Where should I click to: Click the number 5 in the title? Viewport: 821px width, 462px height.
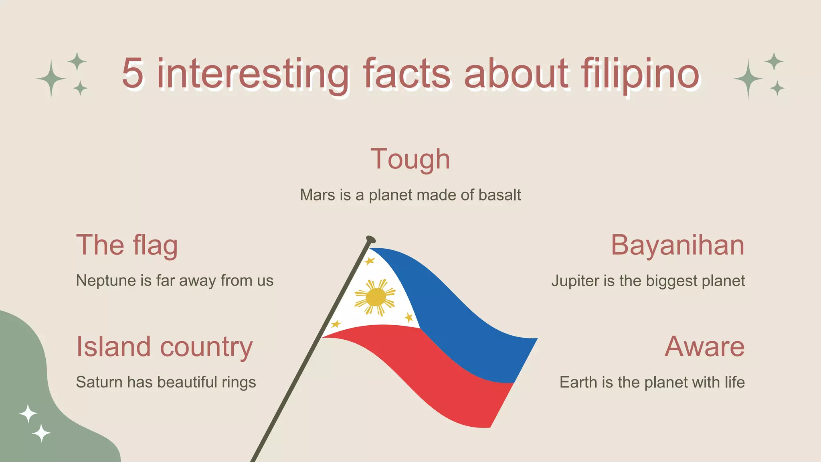click(133, 73)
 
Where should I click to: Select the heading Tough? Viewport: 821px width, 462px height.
click(410, 159)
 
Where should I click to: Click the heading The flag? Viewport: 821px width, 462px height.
click(127, 245)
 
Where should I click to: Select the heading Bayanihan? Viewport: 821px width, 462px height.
click(677, 245)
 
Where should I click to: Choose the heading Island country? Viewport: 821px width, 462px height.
click(164, 346)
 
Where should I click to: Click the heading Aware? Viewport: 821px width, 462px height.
click(704, 346)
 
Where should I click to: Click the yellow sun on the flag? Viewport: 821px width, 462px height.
click(375, 297)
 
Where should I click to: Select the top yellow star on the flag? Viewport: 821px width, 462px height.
click(369, 261)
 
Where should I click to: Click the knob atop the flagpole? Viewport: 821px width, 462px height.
click(371, 240)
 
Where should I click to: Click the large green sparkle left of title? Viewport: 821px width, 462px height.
click(51, 79)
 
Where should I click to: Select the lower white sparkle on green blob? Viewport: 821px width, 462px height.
click(41, 433)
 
